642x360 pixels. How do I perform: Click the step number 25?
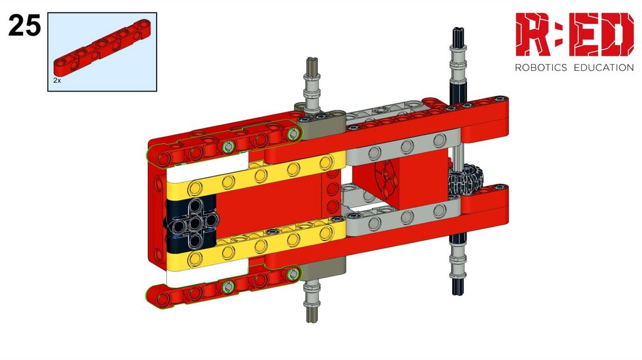[x=24, y=25]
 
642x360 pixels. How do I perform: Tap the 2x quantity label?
[x=57, y=81]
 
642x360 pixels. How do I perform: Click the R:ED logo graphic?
[x=574, y=34]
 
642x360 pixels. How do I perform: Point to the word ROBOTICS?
[x=540, y=67]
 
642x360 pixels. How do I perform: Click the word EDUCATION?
[x=604, y=67]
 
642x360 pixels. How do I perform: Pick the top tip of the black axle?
[x=458, y=29]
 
